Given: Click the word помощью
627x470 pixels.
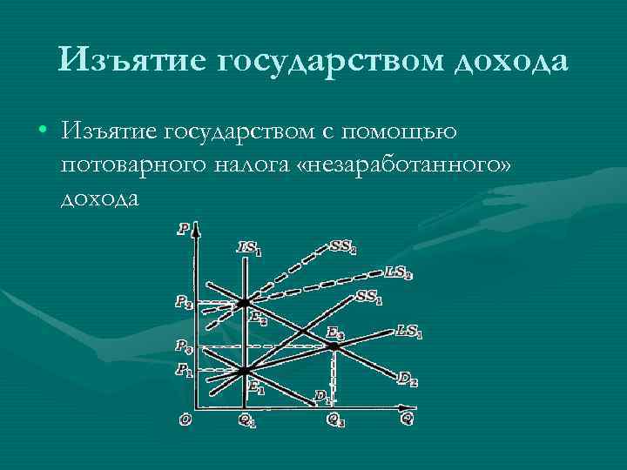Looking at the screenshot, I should [x=396, y=131].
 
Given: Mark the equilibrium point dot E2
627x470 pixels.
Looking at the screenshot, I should [x=245, y=302].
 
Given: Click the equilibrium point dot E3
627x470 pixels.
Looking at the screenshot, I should [x=333, y=346].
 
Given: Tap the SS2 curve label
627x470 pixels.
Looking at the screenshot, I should [x=342, y=247].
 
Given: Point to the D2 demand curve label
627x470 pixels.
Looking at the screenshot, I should [x=408, y=378].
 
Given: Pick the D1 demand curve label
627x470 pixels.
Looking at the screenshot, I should [x=322, y=395].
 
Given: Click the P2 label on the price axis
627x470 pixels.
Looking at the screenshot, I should [x=183, y=302].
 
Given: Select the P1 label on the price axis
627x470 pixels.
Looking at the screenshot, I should [x=183, y=370].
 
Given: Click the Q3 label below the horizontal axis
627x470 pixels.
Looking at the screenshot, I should [x=334, y=419].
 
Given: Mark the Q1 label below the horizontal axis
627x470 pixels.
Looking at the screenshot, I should [x=247, y=419].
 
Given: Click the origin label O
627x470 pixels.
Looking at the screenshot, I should [x=185, y=419].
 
